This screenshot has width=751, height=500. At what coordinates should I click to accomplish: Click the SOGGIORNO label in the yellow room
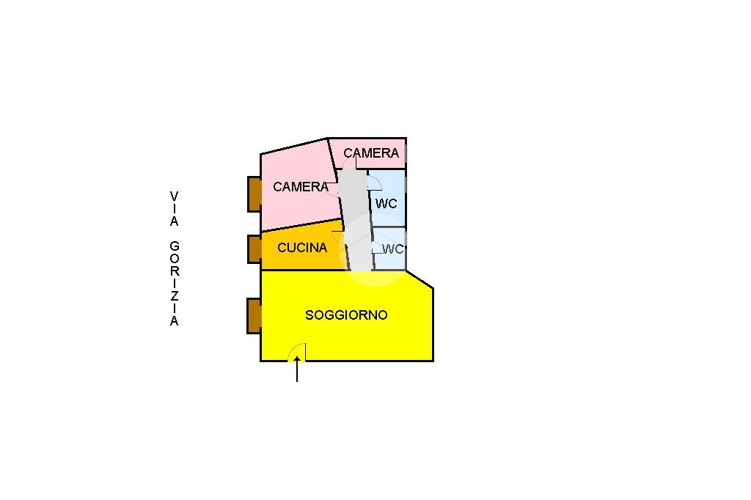pos(346,315)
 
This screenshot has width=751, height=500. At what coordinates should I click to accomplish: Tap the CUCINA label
pos(302,248)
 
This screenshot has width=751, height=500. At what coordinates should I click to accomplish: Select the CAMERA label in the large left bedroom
pos(301,186)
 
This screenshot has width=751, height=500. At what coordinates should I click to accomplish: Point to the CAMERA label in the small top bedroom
pos(371,153)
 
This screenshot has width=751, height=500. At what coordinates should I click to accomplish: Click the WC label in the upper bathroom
pos(386,204)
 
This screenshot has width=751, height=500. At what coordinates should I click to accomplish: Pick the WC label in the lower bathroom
pos(393,249)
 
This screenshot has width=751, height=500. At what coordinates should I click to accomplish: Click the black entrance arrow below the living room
pos(297,369)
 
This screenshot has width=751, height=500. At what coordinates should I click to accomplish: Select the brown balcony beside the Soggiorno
pos(254,315)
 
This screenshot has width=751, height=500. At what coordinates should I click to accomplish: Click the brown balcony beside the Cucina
pos(254,249)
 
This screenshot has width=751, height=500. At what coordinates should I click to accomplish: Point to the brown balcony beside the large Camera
pos(254,194)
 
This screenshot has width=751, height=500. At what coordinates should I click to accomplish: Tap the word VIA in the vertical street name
pos(174,209)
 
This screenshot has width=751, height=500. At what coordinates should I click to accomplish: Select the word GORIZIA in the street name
pos(175,284)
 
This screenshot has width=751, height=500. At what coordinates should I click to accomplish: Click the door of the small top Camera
pos(350,163)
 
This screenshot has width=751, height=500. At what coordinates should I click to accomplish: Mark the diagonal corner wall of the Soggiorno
pos(420,279)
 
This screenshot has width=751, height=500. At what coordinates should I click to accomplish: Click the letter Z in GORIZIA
pos(175,295)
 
